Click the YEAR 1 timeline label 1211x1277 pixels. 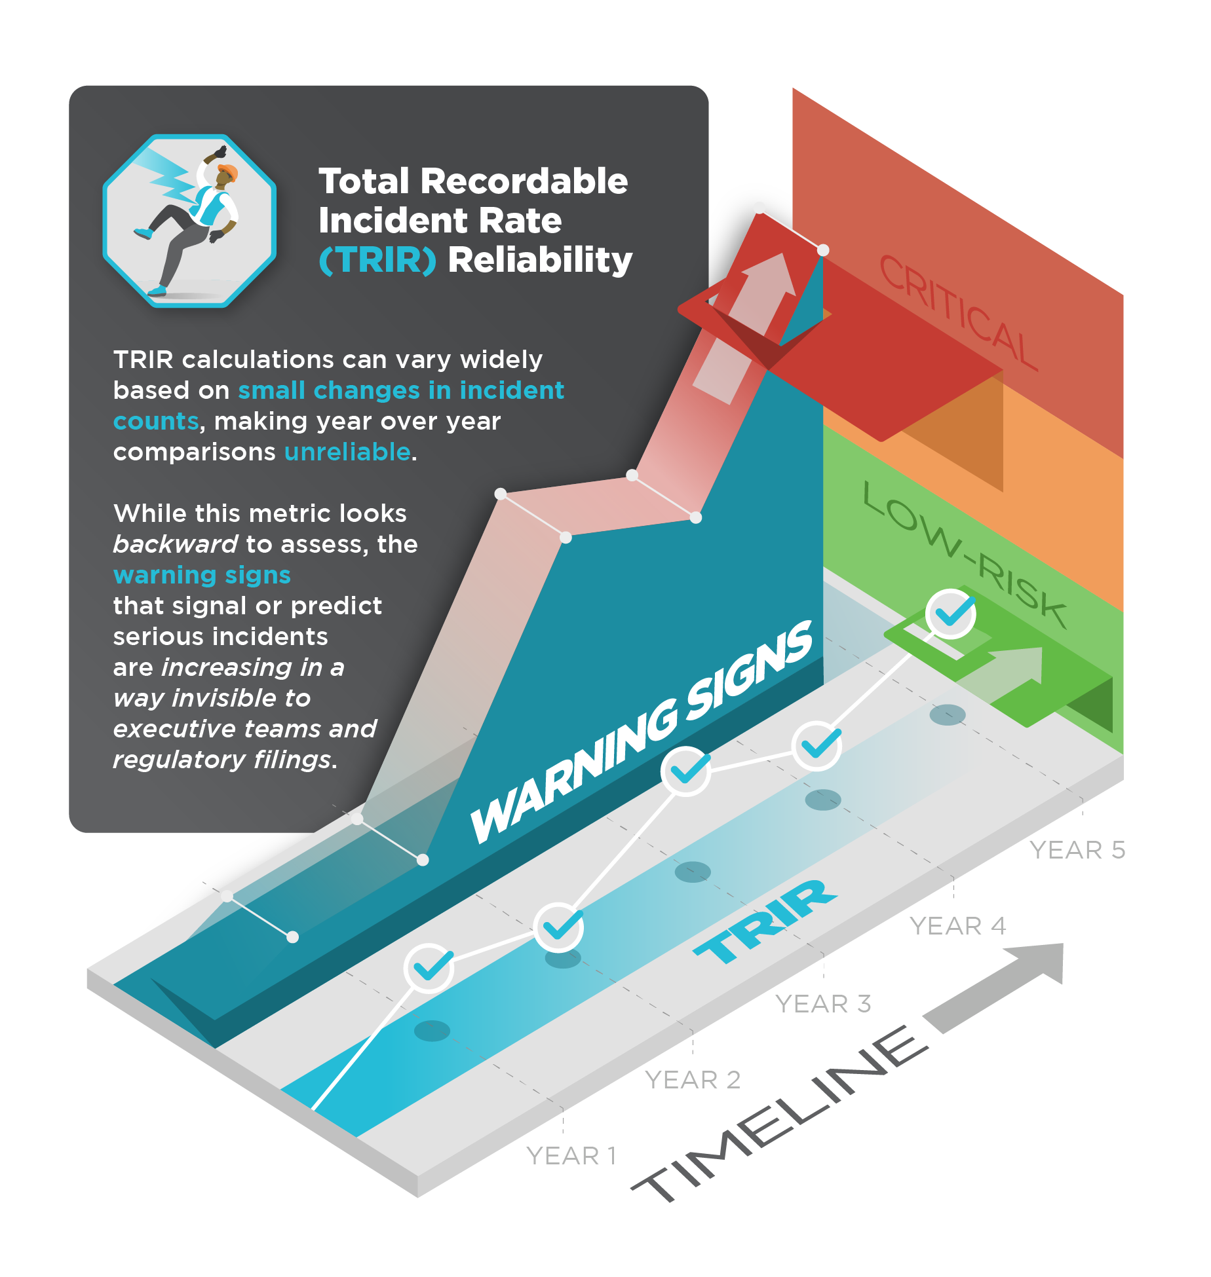571,1156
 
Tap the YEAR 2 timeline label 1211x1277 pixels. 693,1080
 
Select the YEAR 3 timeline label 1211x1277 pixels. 823,1004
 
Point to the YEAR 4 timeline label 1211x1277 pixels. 957,926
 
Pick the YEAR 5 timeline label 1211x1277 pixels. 1078,850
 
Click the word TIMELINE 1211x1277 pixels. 780,1113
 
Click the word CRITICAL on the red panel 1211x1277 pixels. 958,313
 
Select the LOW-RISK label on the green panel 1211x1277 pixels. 965,554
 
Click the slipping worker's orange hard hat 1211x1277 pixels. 227,173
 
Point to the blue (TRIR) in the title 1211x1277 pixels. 377,260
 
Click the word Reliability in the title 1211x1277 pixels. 540,260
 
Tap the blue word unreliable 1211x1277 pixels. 347,452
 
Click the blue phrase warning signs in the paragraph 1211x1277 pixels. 202,575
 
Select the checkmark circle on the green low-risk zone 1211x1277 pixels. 951,614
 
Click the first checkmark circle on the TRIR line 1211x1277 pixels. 429,968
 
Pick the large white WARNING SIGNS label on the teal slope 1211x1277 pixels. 642,731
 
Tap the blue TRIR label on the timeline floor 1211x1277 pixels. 765,922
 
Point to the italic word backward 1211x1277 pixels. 175,544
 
